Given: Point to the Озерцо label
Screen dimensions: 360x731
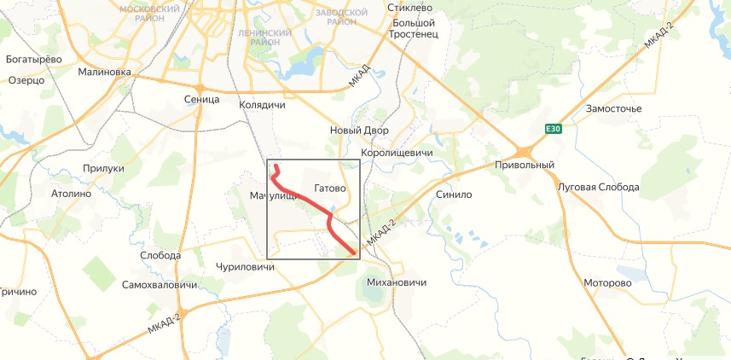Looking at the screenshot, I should pos(26,80).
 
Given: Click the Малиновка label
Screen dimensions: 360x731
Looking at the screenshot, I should pos(104,73).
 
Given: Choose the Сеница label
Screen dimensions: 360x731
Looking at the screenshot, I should pos(201,100).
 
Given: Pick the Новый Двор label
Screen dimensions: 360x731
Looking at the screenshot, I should pos(359,131).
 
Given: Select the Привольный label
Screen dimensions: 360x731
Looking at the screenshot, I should pos(525,165).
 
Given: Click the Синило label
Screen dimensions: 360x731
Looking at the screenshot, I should pos(453,194).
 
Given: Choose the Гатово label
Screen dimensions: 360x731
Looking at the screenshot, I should pos(329,188).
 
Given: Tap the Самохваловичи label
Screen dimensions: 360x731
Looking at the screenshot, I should pos(160,284).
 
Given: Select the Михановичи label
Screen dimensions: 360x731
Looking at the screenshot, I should pos(395,282).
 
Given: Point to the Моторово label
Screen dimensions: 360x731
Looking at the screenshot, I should pos(607,282).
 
